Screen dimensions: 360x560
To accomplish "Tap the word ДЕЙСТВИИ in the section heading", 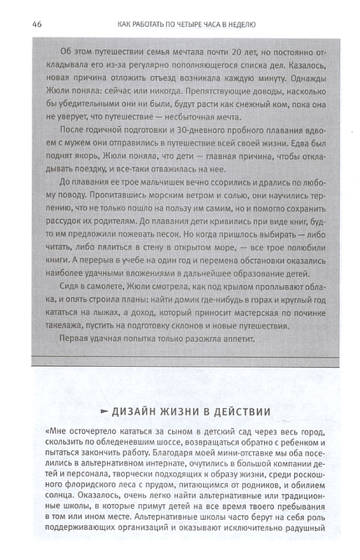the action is [x=238, y=412].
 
